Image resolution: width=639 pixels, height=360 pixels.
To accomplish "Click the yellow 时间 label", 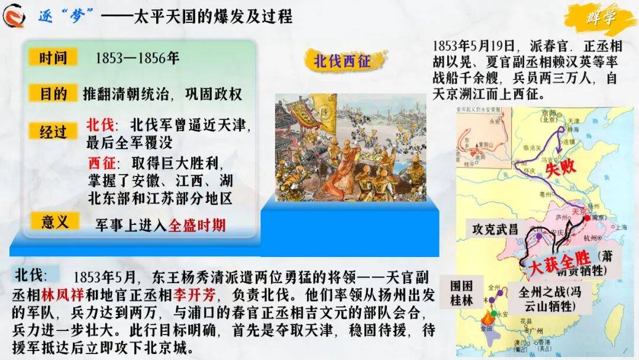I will tap(53, 58).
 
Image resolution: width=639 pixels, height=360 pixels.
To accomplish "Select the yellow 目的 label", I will tap(53, 94).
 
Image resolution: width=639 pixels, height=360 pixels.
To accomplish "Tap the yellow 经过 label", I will tap(53, 131).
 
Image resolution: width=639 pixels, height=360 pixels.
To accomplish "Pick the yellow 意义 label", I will tap(53, 222).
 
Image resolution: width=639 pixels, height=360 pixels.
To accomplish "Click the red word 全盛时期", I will tap(197, 225).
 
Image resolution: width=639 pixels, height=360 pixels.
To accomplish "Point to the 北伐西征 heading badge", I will tap(341, 61).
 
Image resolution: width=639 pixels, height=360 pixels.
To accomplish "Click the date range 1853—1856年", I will tap(137, 59).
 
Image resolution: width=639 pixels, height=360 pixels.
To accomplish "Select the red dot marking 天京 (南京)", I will tap(587, 218).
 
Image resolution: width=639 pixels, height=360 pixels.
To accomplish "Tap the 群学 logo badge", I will tap(601, 18).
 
